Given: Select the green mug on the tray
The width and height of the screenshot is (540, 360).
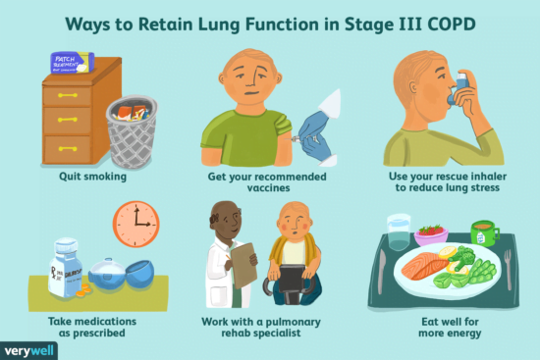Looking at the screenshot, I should coord(483,234).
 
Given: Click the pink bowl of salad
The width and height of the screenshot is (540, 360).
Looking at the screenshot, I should coord(431,235).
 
